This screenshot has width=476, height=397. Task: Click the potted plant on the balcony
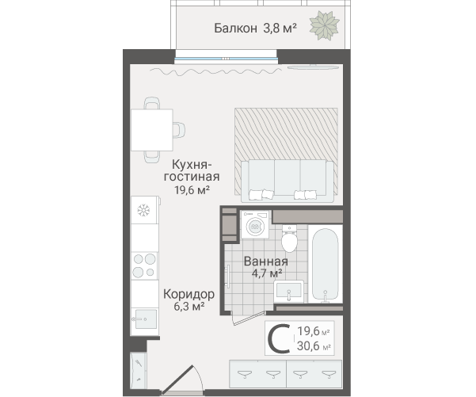[324, 25]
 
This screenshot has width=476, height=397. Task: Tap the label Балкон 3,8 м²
[255, 29]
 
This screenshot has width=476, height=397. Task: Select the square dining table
[152, 130]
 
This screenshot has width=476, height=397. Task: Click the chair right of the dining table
[179, 130]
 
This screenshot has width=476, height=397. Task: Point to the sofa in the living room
[288, 181]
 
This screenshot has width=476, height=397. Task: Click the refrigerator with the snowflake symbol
[145, 210]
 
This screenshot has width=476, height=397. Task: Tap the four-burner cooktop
[144, 265]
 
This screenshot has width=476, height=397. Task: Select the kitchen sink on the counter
[144, 319]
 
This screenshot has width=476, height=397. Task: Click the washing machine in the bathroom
[255, 225]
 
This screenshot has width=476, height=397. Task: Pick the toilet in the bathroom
[289, 239]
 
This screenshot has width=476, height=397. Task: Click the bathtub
[326, 264]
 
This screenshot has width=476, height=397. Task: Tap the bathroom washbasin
[289, 292]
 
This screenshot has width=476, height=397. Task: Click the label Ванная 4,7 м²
[266, 267]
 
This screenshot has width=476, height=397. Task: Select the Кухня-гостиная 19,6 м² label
[192, 177]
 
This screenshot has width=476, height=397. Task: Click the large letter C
[279, 338]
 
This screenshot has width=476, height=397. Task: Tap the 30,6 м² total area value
[314, 346]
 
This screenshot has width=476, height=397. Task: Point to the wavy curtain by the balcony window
[216, 71]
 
